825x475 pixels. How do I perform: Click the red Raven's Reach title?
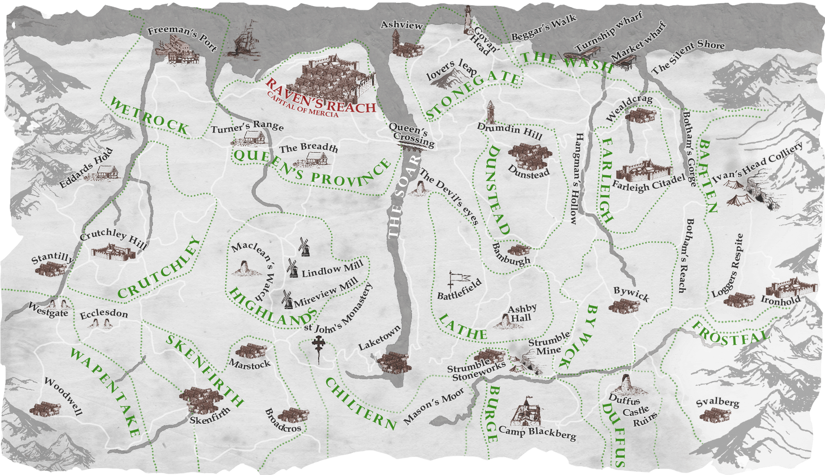click(x=321, y=96)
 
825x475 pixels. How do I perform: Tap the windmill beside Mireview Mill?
click(x=287, y=299)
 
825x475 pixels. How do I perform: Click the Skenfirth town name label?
click(x=210, y=416)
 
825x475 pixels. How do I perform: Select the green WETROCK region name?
click(x=149, y=116)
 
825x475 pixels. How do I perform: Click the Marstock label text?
click(x=250, y=364)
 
